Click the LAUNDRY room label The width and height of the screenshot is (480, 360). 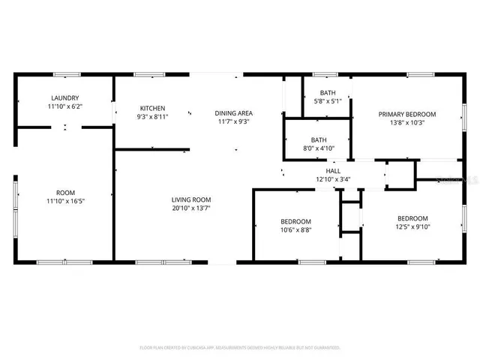pyautogui.click(x=65, y=98)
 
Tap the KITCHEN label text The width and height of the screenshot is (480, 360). pyautogui.click(x=151, y=109)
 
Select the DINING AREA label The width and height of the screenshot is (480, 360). pyautogui.click(x=233, y=112)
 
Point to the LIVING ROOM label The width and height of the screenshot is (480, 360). pyautogui.click(x=190, y=199)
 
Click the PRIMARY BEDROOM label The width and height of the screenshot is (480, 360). pyautogui.click(x=406, y=114)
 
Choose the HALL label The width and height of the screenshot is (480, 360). pyautogui.click(x=324, y=170)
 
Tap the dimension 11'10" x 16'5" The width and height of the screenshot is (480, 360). pyautogui.click(x=65, y=201)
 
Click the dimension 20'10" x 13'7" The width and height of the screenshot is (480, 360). pyautogui.click(x=190, y=208)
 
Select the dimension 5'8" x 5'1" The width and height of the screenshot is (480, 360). pyautogui.click(x=326, y=101)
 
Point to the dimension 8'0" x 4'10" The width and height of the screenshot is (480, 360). pyautogui.click(x=319, y=148)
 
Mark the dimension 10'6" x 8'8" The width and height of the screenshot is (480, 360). pyautogui.click(x=295, y=230)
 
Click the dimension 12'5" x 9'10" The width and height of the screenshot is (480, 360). pyautogui.click(x=412, y=226)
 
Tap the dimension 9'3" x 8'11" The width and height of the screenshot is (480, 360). pyautogui.click(x=151, y=117)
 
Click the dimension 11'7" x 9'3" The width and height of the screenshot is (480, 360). pyautogui.click(x=233, y=121)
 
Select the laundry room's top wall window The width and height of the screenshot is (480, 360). pyautogui.click(x=66, y=74)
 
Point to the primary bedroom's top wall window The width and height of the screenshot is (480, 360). pyautogui.click(x=418, y=74)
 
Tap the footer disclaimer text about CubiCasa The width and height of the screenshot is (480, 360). pyautogui.click(x=240, y=347)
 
